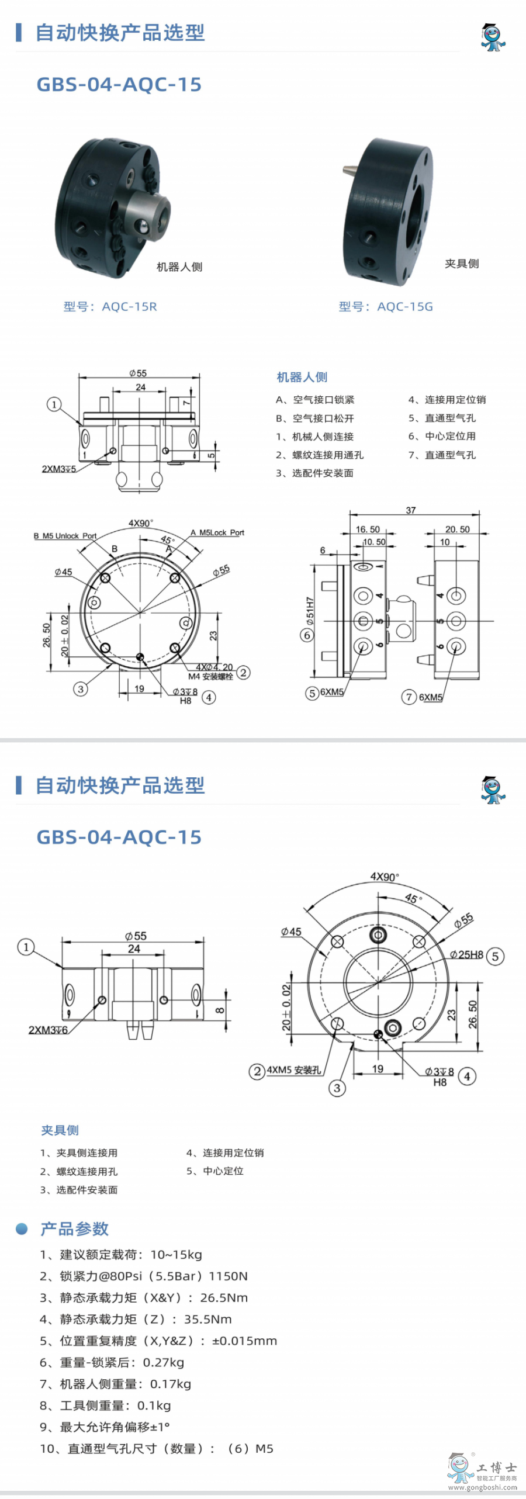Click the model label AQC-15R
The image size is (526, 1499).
pyautogui.click(x=129, y=307)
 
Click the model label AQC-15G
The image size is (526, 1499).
pyautogui.click(x=405, y=307)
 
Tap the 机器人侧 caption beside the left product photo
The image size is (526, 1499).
pyautogui.click(x=179, y=267)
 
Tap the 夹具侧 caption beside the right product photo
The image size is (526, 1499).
pyautogui.click(x=462, y=264)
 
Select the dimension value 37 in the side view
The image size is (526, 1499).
pyautogui.click(x=411, y=510)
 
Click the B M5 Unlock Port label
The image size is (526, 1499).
pyautogui.click(x=65, y=536)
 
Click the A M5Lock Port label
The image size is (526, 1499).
pyautogui.click(x=217, y=532)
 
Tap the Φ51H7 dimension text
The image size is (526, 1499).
pyautogui.click(x=310, y=610)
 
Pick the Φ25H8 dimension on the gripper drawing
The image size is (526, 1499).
pyautogui.click(x=466, y=954)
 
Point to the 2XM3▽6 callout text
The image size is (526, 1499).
pyautogui.click(x=48, y=1029)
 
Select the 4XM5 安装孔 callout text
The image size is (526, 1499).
pyautogui.click(x=294, y=1070)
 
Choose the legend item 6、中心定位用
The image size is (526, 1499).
pyautogui.click(x=442, y=436)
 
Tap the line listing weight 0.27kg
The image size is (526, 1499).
pyautogui.click(x=112, y=1362)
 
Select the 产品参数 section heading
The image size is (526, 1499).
pyautogui.click(x=74, y=1229)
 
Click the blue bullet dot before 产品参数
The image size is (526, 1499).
pyautogui.click(x=22, y=1229)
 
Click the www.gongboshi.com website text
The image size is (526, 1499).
pyautogui.click(x=483, y=1487)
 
